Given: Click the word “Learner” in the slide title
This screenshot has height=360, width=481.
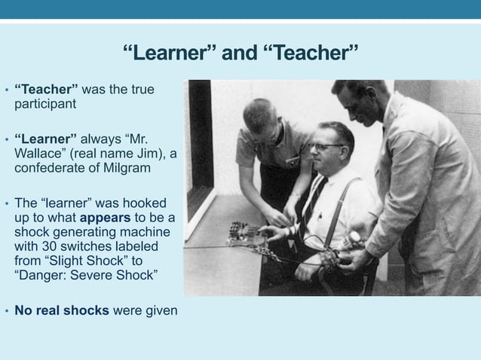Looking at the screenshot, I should [x=167, y=54].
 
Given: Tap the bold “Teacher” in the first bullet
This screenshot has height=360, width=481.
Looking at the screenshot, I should [x=46, y=90].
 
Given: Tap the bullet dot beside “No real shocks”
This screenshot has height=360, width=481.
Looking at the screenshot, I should [x=6, y=309].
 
